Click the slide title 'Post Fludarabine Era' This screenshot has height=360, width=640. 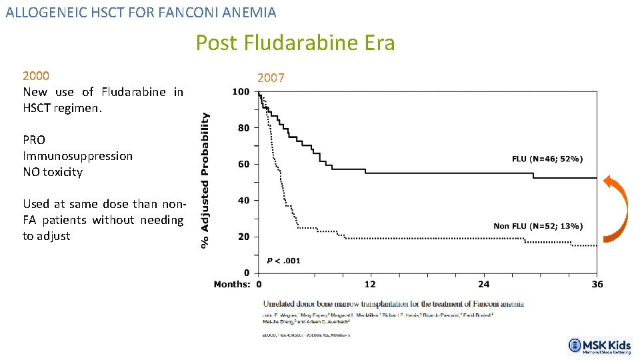click(x=295, y=43)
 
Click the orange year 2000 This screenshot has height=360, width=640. click(x=36, y=75)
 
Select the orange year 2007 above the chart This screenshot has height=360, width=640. click(x=271, y=78)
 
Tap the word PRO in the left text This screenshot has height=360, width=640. click(x=34, y=140)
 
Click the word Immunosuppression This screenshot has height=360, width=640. click(x=77, y=156)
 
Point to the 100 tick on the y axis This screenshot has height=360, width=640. click(x=241, y=91)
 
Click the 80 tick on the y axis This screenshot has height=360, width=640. click(x=243, y=127)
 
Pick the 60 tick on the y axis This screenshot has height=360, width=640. click(x=243, y=164)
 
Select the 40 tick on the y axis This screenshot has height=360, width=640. click(x=243, y=200)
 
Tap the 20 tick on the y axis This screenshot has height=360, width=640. click(x=243, y=237)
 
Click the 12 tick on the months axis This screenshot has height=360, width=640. click(x=369, y=285)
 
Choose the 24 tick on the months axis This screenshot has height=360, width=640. click(x=483, y=285)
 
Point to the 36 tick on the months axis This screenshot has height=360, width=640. click(x=597, y=285)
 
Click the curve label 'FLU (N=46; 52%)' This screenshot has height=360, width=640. click(x=547, y=159)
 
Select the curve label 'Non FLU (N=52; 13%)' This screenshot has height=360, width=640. click(x=537, y=226)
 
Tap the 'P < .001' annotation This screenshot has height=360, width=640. click(x=283, y=261)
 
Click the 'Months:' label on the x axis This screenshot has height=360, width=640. click(x=232, y=285)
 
